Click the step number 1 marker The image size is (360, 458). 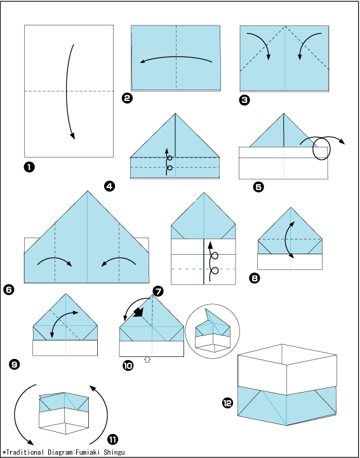tap(29, 167)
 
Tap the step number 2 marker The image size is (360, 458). tap(127, 98)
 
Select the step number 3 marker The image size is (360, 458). tap(244, 100)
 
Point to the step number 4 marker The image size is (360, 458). tap(109, 186)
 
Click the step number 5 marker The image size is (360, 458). tap(258, 187)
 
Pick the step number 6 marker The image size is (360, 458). tap(9, 290)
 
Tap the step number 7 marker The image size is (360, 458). tap(158, 291)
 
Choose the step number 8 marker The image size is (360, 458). tap(255, 278)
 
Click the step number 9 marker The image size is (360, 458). tap(15, 364)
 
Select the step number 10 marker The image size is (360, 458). tap(128, 365)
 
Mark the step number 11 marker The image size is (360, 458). tap(113, 439)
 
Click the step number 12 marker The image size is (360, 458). tap(227, 403)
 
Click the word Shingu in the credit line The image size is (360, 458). tap(114, 452)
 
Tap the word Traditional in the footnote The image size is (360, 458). tap(25, 452)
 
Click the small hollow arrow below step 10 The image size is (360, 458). tap(147, 360)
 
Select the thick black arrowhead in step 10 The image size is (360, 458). tap(138, 313)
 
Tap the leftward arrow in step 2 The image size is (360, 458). tap(176, 57)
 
